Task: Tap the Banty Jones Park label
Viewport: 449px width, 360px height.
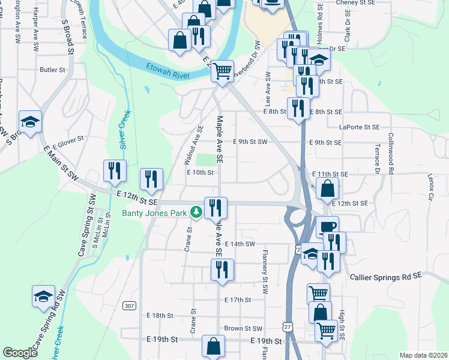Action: tap(155, 212)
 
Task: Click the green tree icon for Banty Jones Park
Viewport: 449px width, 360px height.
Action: tap(196, 212)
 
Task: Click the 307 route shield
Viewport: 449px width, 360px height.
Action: tap(129, 305)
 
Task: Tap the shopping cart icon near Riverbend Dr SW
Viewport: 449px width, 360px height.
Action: tap(223, 71)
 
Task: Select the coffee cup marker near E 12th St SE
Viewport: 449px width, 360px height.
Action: tap(327, 227)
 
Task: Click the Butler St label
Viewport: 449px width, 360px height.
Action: tap(52, 70)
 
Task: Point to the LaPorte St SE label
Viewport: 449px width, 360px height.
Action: tap(360, 127)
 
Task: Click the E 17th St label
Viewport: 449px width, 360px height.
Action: tap(237, 299)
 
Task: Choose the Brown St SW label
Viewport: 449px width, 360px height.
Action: tap(243, 328)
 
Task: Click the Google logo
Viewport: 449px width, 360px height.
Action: tap(20, 352)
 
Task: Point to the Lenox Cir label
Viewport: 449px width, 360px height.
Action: tap(430, 187)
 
